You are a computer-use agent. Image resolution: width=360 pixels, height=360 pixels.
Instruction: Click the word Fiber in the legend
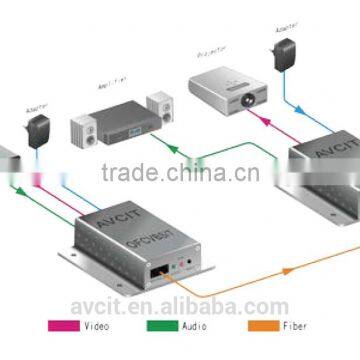click(x=293, y=326)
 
